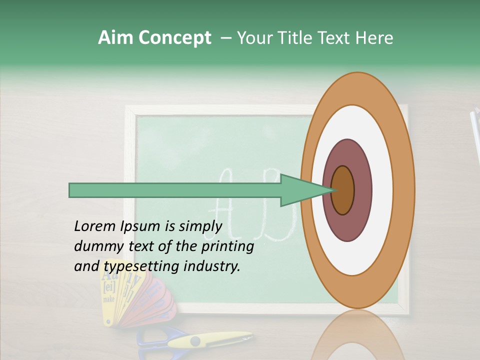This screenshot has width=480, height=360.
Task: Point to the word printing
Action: pyautogui.click(x=227, y=246)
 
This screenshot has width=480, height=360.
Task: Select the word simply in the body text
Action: pyautogui.click(x=200, y=226)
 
